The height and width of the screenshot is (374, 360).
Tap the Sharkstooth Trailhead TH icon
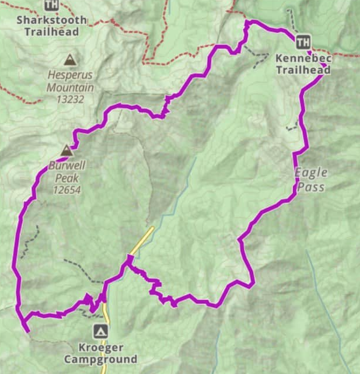tap(51, 5)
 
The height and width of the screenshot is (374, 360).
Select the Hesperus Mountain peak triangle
tap(70, 60)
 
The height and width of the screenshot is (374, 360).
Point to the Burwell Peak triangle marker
tap(67, 151)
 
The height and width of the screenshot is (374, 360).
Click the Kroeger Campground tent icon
tap(102, 331)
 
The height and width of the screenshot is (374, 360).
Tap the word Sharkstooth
tap(51, 19)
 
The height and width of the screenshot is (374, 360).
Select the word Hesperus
tap(71, 75)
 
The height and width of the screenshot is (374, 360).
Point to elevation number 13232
tap(71, 99)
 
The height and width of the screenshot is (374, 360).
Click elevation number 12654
tap(66, 190)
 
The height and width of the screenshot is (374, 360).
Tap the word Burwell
tap(67, 166)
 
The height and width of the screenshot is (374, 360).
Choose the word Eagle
tap(310, 173)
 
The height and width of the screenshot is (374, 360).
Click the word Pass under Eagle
tap(310, 187)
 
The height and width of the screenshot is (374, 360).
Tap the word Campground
tap(100, 359)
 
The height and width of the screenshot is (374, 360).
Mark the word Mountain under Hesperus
tap(71, 88)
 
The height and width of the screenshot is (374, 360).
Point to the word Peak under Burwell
tap(66, 178)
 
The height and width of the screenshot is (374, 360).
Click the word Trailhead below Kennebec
tap(303, 70)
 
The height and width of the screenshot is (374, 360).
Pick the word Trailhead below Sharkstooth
tap(51, 31)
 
